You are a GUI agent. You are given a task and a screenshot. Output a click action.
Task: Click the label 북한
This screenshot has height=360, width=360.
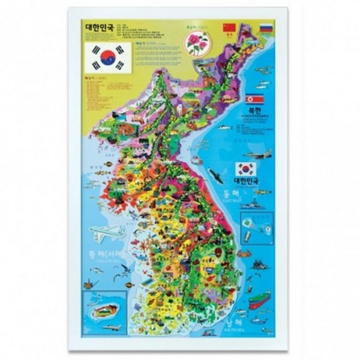tap(254, 113)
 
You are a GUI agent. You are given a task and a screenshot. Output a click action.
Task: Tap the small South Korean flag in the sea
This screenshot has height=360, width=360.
tap(244, 168)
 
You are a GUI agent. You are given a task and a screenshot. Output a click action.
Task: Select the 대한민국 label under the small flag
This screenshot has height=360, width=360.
tap(245, 181)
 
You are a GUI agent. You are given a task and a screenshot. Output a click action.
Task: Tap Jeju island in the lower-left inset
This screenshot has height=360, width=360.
tap(102, 308)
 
